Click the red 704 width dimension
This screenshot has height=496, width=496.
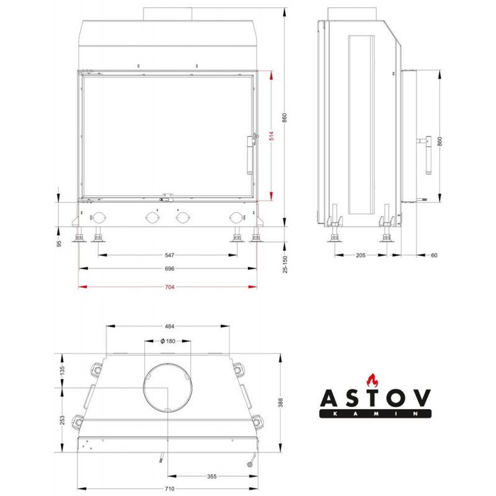coord(169,287)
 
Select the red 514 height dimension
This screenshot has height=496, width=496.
coord(272,136)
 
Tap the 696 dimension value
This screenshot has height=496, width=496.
coord(169,268)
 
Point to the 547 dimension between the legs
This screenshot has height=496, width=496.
coord(169,255)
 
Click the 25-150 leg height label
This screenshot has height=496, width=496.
coord(285,264)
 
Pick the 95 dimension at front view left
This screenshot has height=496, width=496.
coord(59,244)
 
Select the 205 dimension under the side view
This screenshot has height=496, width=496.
coord(361,255)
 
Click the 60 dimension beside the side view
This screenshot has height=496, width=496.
coord(434,255)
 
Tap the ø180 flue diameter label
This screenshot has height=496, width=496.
coord(167,341)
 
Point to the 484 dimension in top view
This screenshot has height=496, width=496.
coord(169,326)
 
